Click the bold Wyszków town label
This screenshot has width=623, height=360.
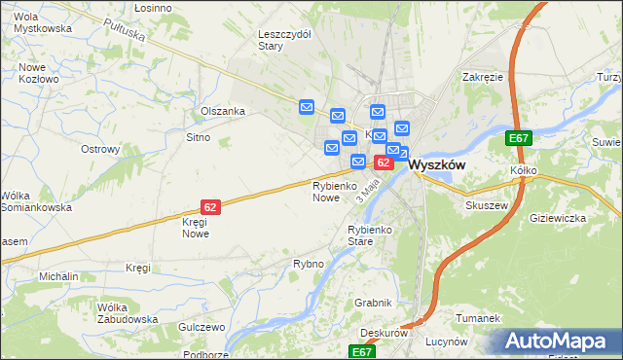(436, 164)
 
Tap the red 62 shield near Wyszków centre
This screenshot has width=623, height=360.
(384, 162)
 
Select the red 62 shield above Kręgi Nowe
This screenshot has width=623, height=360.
(210, 206)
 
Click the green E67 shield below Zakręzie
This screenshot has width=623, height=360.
(519, 139)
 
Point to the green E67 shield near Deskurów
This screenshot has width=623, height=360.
(362, 350)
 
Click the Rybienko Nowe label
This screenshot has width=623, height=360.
(326, 191)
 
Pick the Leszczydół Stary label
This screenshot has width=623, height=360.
(283, 39)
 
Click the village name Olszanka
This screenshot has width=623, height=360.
(222, 111)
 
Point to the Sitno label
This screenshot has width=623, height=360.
(198, 138)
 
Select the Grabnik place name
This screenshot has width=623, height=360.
(373, 303)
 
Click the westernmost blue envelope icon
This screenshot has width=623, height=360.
(307, 107)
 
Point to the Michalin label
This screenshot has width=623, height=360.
(58, 276)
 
